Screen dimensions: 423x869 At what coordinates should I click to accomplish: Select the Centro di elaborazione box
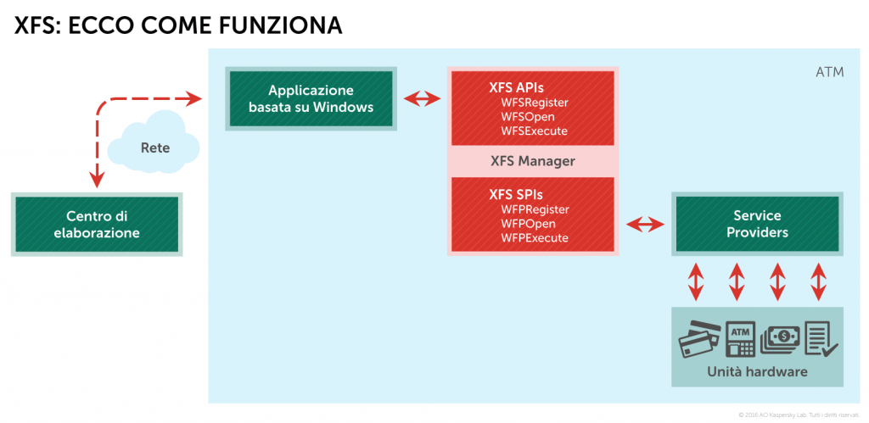(97, 225)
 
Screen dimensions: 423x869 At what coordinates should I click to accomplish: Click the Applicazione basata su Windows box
(311, 99)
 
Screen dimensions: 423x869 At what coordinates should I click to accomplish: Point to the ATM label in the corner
(829, 73)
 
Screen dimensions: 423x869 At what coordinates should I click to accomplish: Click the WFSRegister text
(534, 103)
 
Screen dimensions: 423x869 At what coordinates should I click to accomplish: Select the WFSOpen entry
(527, 117)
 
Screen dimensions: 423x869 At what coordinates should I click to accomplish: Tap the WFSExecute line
(534, 131)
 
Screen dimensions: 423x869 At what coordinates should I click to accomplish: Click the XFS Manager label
(532, 160)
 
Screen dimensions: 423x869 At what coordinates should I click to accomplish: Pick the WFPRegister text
(535, 209)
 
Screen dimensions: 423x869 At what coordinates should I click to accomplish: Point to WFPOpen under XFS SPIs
(528, 224)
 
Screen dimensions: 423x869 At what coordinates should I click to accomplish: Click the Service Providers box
(757, 224)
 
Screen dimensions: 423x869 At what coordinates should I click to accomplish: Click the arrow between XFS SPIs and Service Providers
(646, 224)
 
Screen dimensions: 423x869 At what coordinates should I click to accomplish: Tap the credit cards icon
(700, 340)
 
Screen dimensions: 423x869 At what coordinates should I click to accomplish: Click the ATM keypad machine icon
(741, 339)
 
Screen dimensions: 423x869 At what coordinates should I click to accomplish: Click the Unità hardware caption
(758, 371)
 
